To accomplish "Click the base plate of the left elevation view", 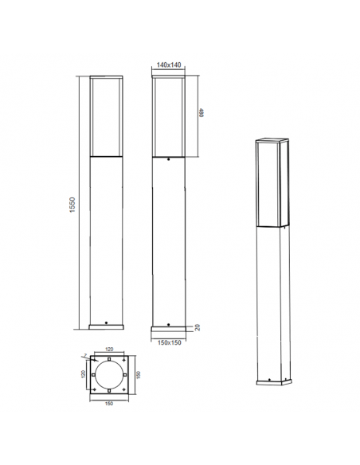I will (106, 326).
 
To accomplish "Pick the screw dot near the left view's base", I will (106, 322).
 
